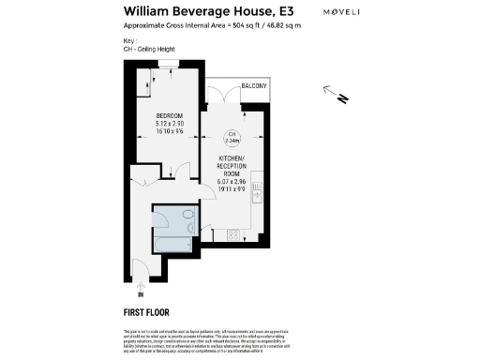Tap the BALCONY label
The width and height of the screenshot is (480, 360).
pos(254,86)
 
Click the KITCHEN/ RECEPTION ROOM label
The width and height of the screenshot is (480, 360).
pos(237,166)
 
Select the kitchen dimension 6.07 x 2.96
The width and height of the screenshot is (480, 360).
pos(237,184)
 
